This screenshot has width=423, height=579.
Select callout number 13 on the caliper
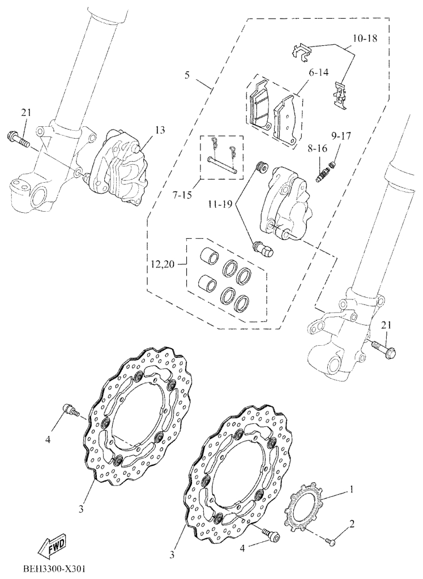(160, 130)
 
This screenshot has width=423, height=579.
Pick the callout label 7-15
(183, 195)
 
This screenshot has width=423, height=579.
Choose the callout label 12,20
(163, 264)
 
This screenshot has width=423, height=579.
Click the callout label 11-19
(220, 204)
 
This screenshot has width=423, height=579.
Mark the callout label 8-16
(317, 149)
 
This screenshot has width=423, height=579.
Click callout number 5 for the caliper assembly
(187, 76)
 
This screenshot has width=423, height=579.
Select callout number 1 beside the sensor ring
(351, 490)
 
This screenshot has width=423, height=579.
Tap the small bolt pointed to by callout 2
(331, 542)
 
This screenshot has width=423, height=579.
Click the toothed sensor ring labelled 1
(303, 505)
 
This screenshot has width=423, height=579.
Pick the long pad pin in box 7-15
(221, 165)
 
